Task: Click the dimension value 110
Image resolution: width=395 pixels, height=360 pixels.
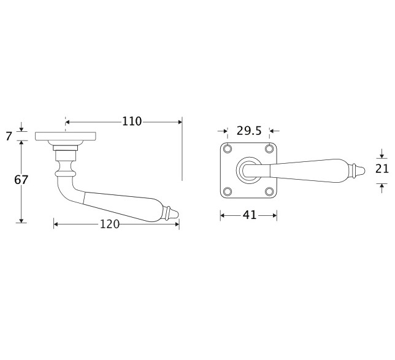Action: click(132, 121)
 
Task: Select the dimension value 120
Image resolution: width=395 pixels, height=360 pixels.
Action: click(110, 224)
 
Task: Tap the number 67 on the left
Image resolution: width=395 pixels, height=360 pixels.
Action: click(21, 180)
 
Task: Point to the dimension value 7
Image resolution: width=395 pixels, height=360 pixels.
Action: click(9, 137)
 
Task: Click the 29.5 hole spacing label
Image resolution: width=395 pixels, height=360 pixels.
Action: click(249, 131)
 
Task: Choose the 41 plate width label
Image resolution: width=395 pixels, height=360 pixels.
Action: click(250, 215)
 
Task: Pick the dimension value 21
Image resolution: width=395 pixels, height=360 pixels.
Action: click(382, 169)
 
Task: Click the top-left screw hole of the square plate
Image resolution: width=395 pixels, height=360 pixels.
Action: click(228, 148)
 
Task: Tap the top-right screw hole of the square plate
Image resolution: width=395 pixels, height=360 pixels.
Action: click(269, 148)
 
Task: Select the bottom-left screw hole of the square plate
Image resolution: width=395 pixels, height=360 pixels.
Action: click(228, 191)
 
